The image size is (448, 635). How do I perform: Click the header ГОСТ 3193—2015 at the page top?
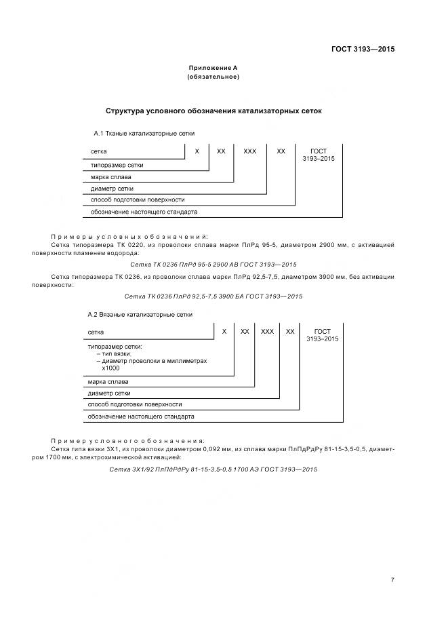[363, 50]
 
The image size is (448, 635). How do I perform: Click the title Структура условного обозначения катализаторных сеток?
[214, 110]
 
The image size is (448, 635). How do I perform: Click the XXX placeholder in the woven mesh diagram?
[249, 151]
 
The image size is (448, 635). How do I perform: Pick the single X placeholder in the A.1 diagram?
[197, 151]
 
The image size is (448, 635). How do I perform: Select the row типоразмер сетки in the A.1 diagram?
[117, 165]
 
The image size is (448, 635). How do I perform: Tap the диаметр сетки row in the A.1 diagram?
[112, 188]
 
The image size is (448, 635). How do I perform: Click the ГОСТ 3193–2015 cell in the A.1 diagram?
[319, 155]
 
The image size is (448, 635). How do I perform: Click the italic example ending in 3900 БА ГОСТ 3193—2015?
[213, 296]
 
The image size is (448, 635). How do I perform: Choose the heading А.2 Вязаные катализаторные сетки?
[140, 315]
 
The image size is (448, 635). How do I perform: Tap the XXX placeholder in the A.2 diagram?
[267, 331]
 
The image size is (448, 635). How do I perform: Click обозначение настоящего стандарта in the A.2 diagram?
[141, 416]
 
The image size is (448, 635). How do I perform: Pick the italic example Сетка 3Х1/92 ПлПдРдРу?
[213, 469]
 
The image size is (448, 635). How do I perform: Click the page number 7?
[392, 579]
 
